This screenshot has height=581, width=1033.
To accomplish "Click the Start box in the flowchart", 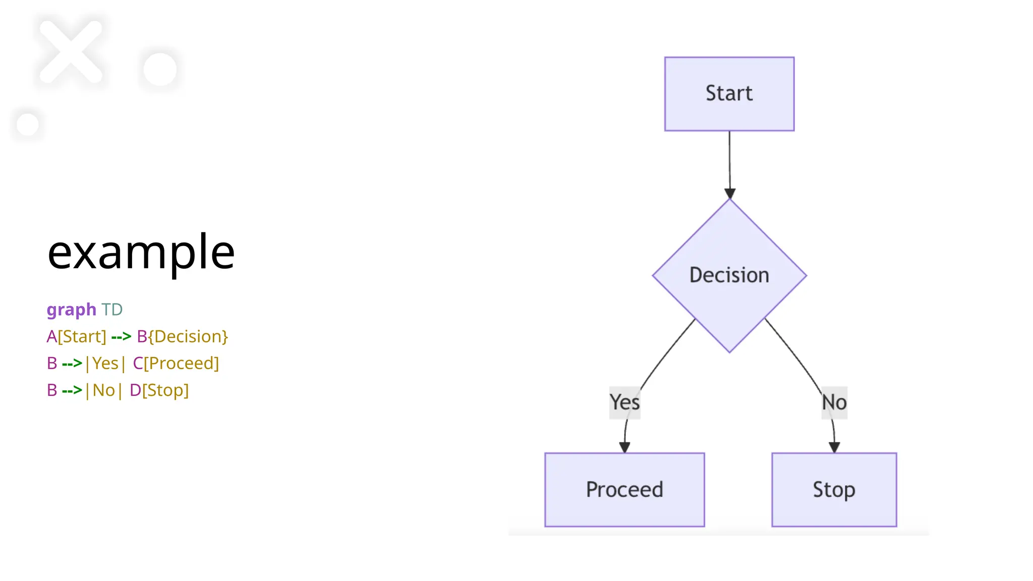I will coord(729,94).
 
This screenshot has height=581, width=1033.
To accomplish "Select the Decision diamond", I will coord(729,275).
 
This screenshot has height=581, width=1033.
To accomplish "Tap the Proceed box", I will coord(624,489).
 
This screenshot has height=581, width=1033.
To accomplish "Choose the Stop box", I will coord(834,489).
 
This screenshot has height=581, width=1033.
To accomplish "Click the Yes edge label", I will coord(624,402).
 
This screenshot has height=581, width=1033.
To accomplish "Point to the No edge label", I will coord(834,402).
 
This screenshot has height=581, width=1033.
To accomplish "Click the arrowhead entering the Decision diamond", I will coord(729,194).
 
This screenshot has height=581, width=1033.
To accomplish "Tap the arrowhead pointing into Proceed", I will coord(624,447).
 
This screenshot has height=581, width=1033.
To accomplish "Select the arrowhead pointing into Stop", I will coord(834,447).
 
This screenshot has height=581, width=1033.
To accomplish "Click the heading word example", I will coord(141,252).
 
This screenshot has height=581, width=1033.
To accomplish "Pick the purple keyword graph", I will coord(71,309).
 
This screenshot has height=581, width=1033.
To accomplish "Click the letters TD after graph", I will coord(112,309).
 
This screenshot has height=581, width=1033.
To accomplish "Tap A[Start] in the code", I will coord(76,336).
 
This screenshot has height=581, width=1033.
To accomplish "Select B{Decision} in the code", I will coord(183,336).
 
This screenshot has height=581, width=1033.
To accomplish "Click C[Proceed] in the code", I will coord(176,363).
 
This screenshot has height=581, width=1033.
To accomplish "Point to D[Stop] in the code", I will coord(159,390).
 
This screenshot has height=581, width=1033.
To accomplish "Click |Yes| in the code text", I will coord(105,363).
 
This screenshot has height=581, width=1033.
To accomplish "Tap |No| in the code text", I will coord(103,390).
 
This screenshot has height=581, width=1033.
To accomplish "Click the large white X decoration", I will coord(71,51).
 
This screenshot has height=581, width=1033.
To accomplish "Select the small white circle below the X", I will coord(27,125).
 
